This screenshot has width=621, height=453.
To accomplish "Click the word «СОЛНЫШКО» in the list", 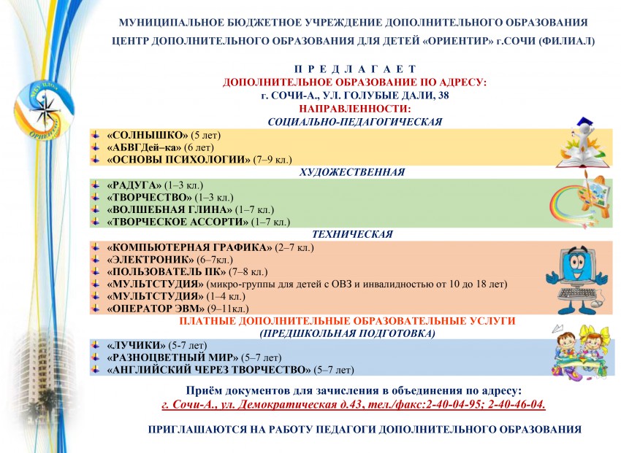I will pyautogui.click(x=147, y=136).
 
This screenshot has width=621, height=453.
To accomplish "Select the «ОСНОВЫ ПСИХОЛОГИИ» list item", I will pyautogui.click(x=178, y=159).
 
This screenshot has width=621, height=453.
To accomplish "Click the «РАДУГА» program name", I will pyautogui.click(x=134, y=186).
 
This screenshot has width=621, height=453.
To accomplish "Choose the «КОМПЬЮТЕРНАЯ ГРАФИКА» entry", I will pyautogui.click(x=189, y=248).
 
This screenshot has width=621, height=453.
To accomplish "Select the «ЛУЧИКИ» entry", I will pyautogui.click(x=135, y=345).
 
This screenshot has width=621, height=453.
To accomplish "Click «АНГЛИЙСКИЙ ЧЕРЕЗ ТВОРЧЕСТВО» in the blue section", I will pyautogui.click(x=209, y=369).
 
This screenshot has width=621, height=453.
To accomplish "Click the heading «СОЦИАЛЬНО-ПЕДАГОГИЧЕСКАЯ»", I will pyautogui.click(x=356, y=123).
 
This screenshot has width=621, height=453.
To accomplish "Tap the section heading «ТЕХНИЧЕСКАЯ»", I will pyautogui.click(x=352, y=235).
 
